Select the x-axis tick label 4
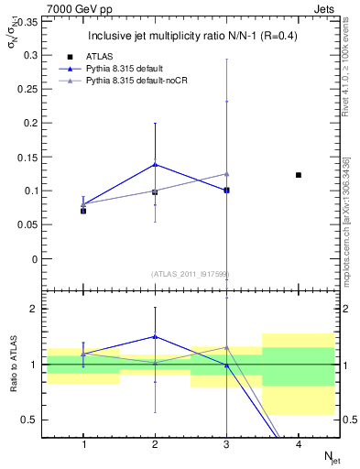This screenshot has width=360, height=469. pyautogui.click(x=299, y=443)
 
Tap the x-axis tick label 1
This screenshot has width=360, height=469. pyautogui.click(x=83, y=443)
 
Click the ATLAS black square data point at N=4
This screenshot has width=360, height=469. pyautogui.click(x=299, y=174)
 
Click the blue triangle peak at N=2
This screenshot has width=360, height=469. pyautogui.click(x=155, y=164)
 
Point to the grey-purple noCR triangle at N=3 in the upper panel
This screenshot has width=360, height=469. pyautogui.click(x=226, y=173)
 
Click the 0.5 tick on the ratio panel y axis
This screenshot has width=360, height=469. pyautogui.click(x=29, y=420)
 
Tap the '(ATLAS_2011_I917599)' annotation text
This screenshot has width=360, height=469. pyautogui.click(x=191, y=274)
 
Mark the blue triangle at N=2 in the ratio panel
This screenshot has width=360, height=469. pyautogui.click(x=155, y=336)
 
